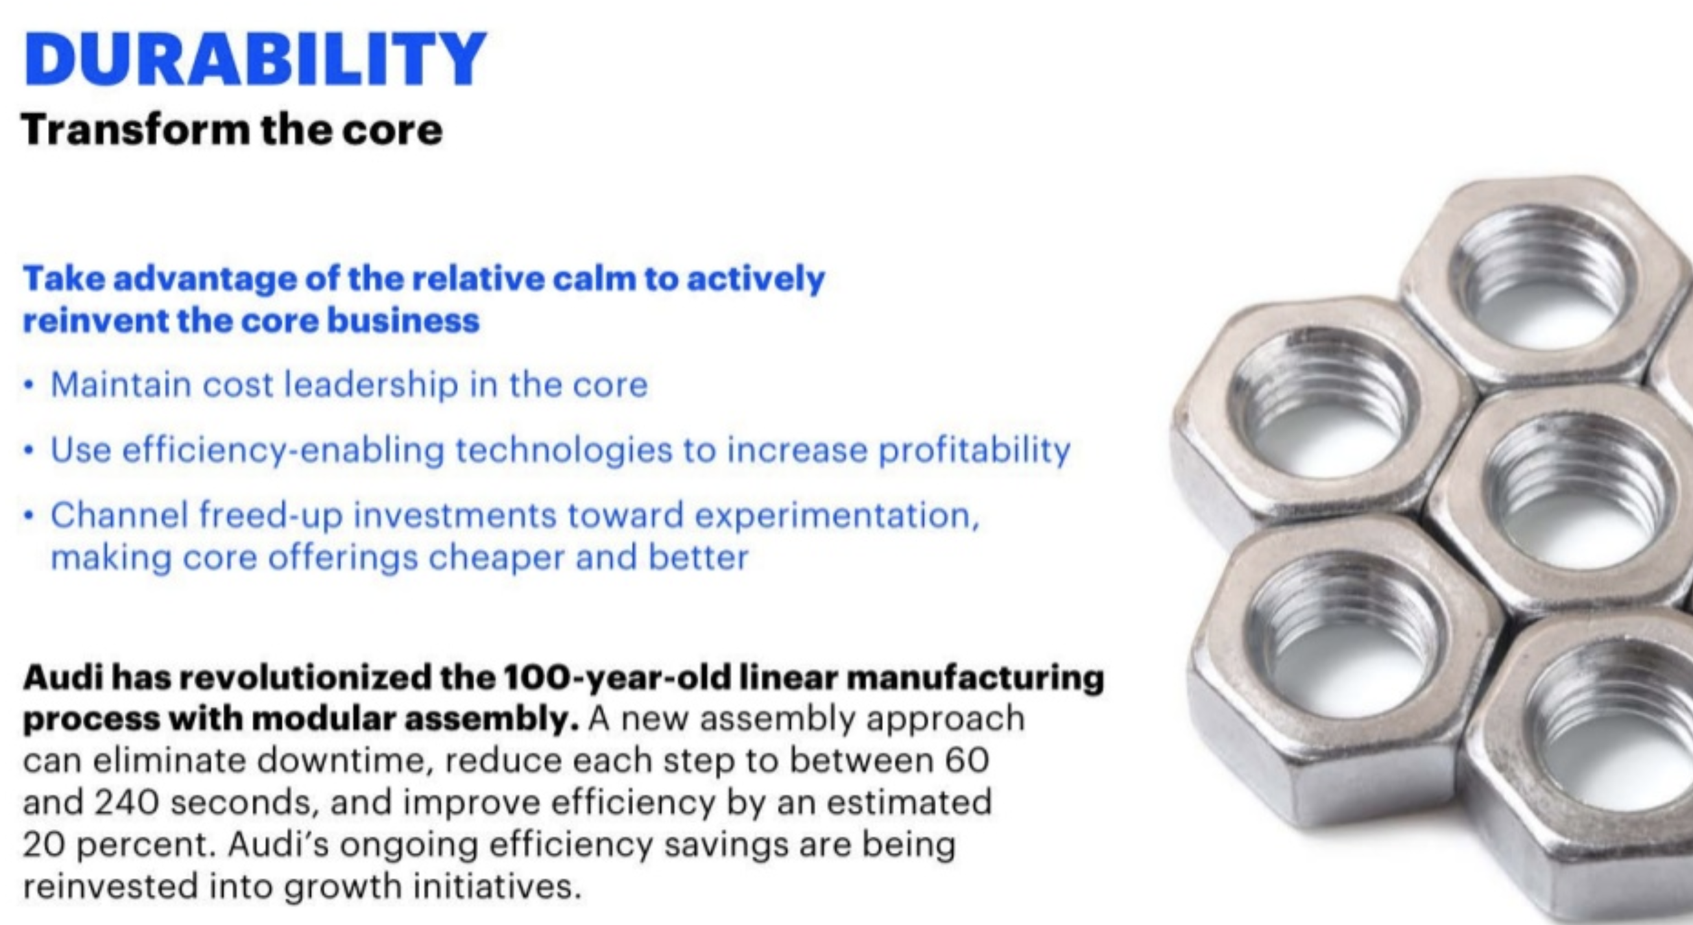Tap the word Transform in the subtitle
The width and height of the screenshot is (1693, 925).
[x=136, y=130]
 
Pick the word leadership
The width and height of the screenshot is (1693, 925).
[x=370, y=385]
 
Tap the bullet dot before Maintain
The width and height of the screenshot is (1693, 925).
[x=29, y=386]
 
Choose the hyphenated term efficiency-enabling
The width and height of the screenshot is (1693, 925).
[x=283, y=450]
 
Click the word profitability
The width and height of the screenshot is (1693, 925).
[x=974, y=450]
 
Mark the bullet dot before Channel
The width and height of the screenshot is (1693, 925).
[x=29, y=517]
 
